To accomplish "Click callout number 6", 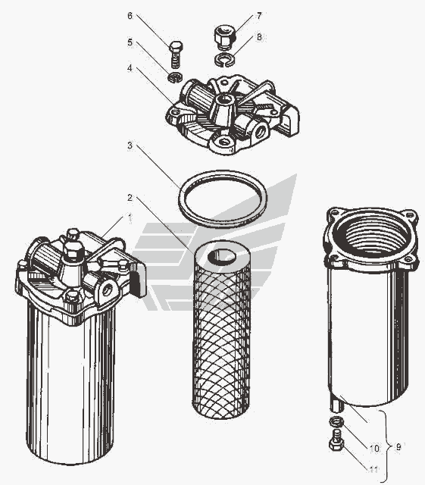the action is pyautogui.click(x=130, y=16).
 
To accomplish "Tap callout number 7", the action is pyautogui.click(x=259, y=16).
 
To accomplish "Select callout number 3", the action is pyautogui.click(x=130, y=145).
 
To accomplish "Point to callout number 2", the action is pyautogui.click(x=130, y=197).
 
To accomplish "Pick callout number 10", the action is pyautogui.click(x=374, y=448).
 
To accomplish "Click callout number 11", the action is pyautogui.click(x=373, y=470).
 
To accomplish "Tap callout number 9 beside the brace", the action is pyautogui.click(x=398, y=446).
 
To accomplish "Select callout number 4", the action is pyautogui.click(x=130, y=68).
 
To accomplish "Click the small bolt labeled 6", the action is pyautogui.click(x=176, y=54).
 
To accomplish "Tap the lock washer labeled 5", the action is pyautogui.click(x=176, y=77).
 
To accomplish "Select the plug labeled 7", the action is pyautogui.click(x=225, y=38).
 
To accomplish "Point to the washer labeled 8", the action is pyautogui.click(x=224, y=59).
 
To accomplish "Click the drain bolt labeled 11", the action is pyautogui.click(x=336, y=440).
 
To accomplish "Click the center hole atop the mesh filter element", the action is pyautogui.click(x=222, y=256).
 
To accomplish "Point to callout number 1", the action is pyautogui.click(x=130, y=217).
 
